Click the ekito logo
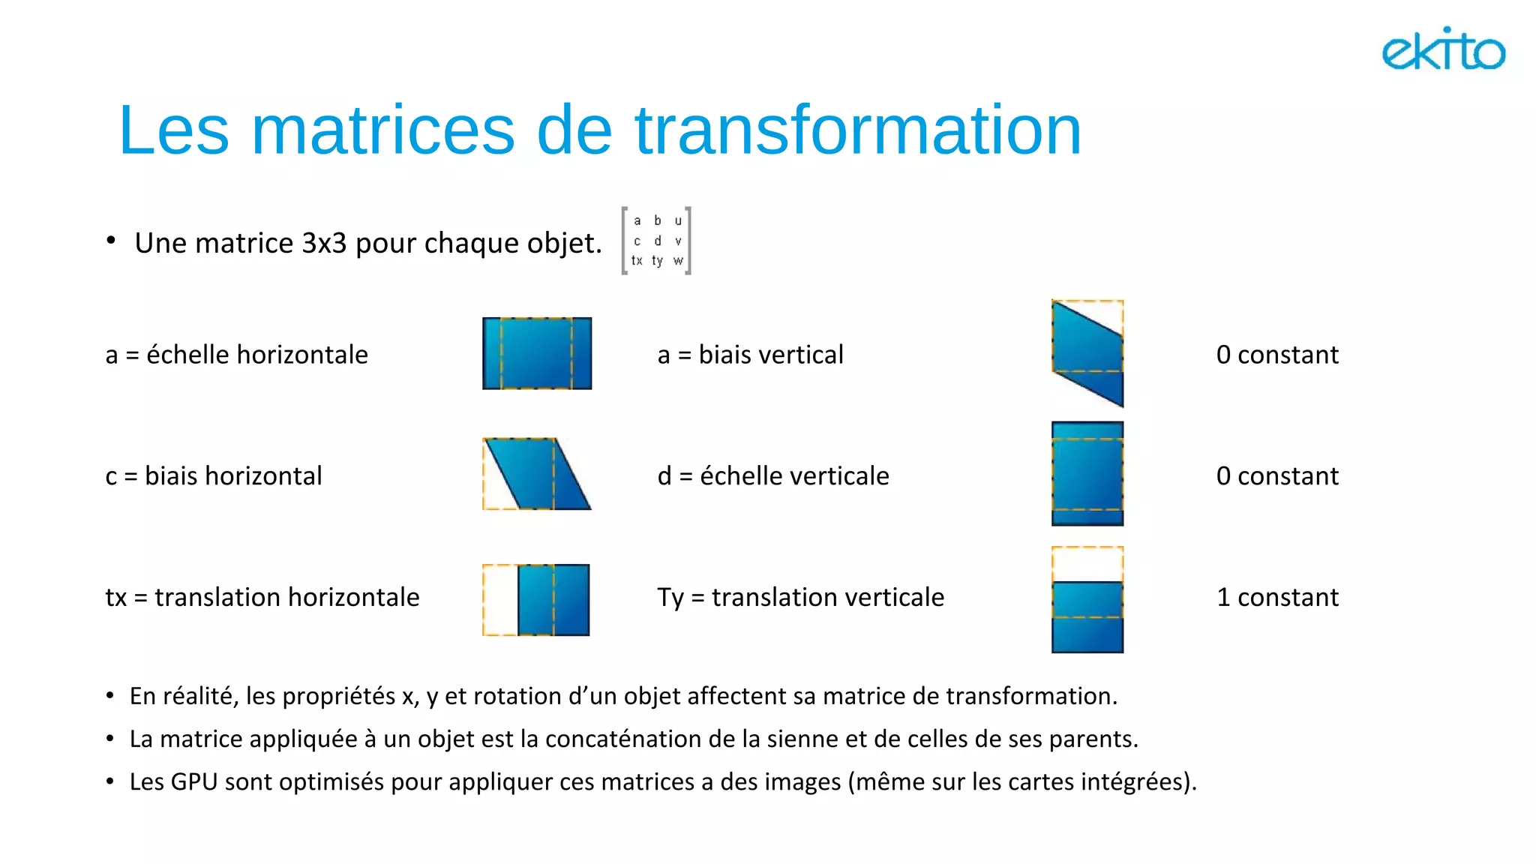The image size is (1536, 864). tap(1443, 49)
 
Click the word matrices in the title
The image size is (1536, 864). tap(382, 130)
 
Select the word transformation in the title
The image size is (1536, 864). tap(858, 130)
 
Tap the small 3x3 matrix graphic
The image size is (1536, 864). tap(656, 241)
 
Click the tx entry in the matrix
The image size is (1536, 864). tap(637, 260)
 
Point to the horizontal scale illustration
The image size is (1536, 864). tap(537, 353)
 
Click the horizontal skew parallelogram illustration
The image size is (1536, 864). tap(537, 474)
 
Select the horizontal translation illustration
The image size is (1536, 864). tap(537, 600)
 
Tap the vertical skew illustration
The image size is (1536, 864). tap(1087, 353)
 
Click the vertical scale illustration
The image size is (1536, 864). tap(1087, 474)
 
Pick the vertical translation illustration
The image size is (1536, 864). tap(1087, 600)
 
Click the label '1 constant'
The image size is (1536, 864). tap(1277, 597)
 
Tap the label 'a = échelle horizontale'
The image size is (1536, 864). tap(237, 355)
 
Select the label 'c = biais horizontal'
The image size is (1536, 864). tap(214, 476)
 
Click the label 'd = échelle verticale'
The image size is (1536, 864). tap(773, 476)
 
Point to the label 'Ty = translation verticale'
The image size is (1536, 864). tap(801, 598)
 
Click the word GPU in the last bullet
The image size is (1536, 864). tap(194, 782)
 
